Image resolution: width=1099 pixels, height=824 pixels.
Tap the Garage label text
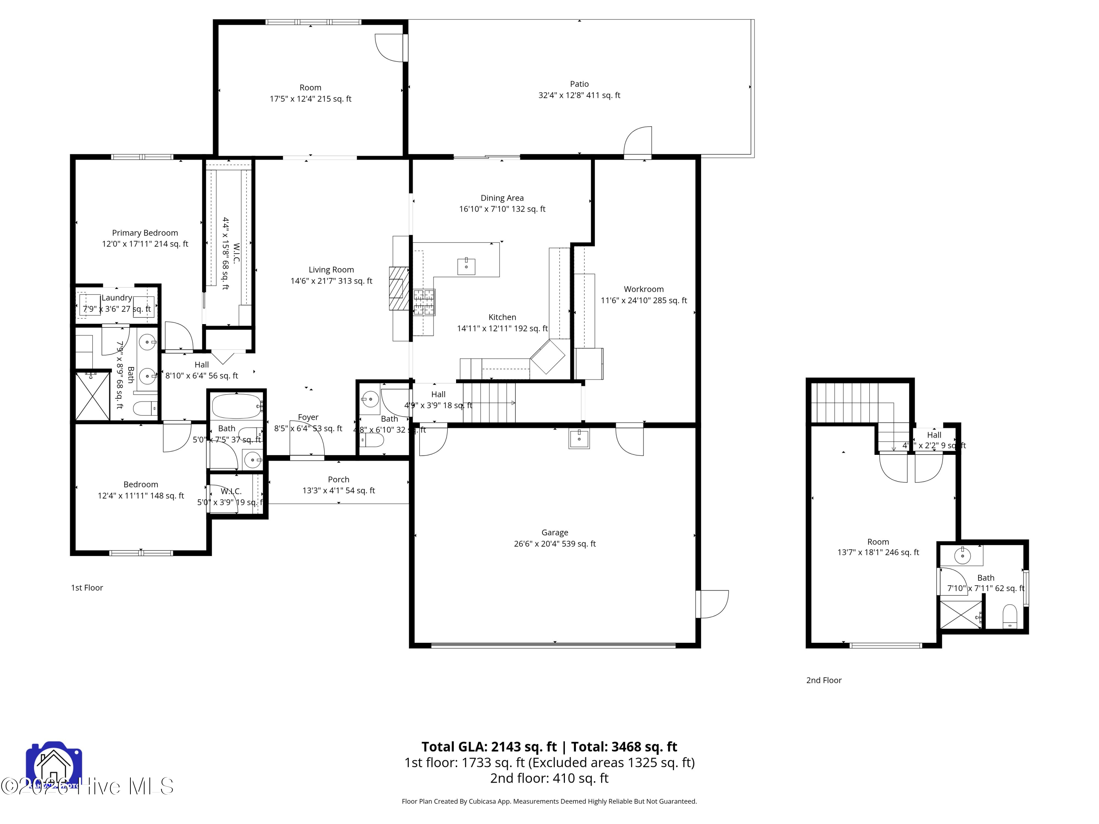pyautogui.click(x=555, y=532)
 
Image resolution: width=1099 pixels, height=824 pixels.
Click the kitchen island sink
pyautogui.click(x=466, y=266)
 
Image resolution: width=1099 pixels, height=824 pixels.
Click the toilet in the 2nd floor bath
pyautogui.click(x=1010, y=616)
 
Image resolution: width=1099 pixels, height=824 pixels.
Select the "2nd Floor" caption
pyautogui.click(x=824, y=680)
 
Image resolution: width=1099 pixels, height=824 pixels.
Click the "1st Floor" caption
pyautogui.click(x=87, y=587)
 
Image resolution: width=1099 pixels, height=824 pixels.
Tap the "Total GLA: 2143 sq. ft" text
pyautogui.click(x=489, y=746)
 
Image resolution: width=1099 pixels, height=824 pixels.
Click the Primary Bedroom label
pyautogui.click(x=145, y=233)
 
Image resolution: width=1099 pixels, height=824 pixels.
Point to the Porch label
pyautogui.click(x=338, y=479)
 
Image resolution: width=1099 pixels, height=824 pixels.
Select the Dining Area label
pyautogui.click(x=502, y=198)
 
